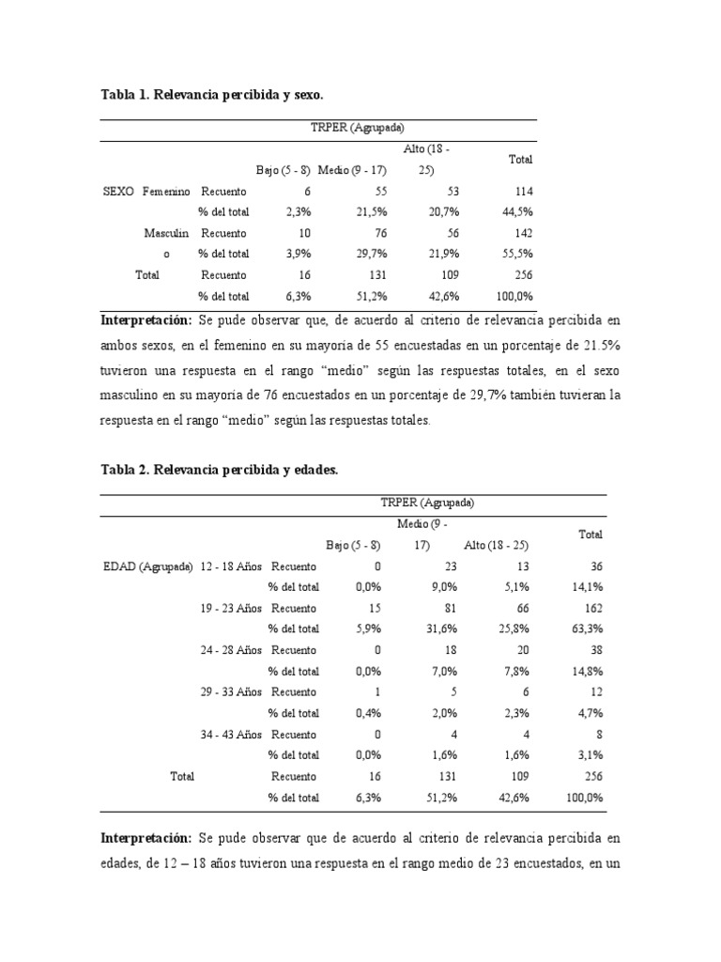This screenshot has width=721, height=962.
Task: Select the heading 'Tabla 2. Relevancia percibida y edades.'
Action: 218,469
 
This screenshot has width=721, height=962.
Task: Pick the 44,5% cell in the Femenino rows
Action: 519,212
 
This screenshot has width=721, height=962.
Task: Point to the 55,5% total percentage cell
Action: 519,255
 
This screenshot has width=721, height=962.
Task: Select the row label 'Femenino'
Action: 166,191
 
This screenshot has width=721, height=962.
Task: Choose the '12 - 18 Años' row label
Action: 232,566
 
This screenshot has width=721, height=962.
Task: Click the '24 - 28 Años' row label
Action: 232,650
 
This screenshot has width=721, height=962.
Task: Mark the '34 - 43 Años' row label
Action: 232,735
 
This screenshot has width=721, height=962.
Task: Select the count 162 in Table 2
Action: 592,609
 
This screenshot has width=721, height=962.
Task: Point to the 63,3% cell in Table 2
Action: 589,629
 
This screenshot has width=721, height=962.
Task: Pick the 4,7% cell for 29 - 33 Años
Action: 591,713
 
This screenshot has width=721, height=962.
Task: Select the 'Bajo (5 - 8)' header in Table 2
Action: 353,545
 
